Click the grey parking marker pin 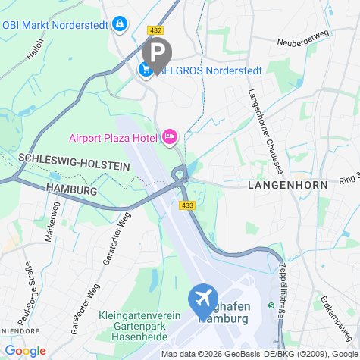click(x=157, y=53)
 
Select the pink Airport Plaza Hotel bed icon click(x=169, y=137)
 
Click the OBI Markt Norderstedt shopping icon click(x=119, y=24)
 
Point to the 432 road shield click(x=156, y=30)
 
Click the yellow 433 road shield click(x=186, y=205)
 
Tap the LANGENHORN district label click(x=287, y=185)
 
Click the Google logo click(x=25, y=351)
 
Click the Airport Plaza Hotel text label click(x=112, y=138)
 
